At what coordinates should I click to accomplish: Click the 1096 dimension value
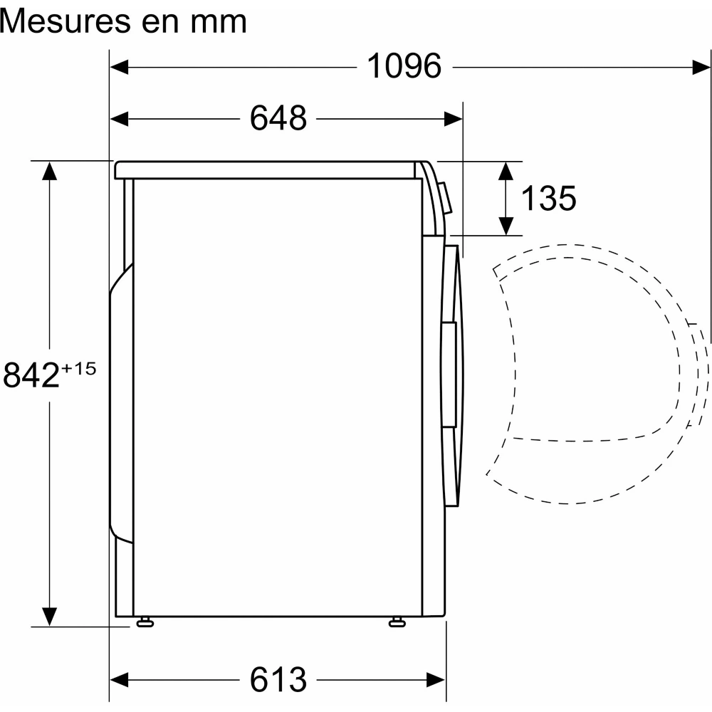pyautogui.click(x=404, y=67)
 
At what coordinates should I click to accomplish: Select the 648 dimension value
pyautogui.click(x=278, y=118)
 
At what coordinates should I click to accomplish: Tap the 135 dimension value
pyautogui.click(x=548, y=199)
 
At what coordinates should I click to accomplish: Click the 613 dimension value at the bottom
pyautogui.click(x=278, y=679)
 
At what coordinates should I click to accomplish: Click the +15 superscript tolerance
pyautogui.click(x=79, y=369)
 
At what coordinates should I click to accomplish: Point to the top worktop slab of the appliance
pyautogui.click(x=267, y=170)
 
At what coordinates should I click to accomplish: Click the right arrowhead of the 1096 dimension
pyautogui.click(x=701, y=67)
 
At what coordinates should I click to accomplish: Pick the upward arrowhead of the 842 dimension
pyautogui.click(x=49, y=171)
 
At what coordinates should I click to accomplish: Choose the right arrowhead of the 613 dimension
pyautogui.click(x=436, y=679)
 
